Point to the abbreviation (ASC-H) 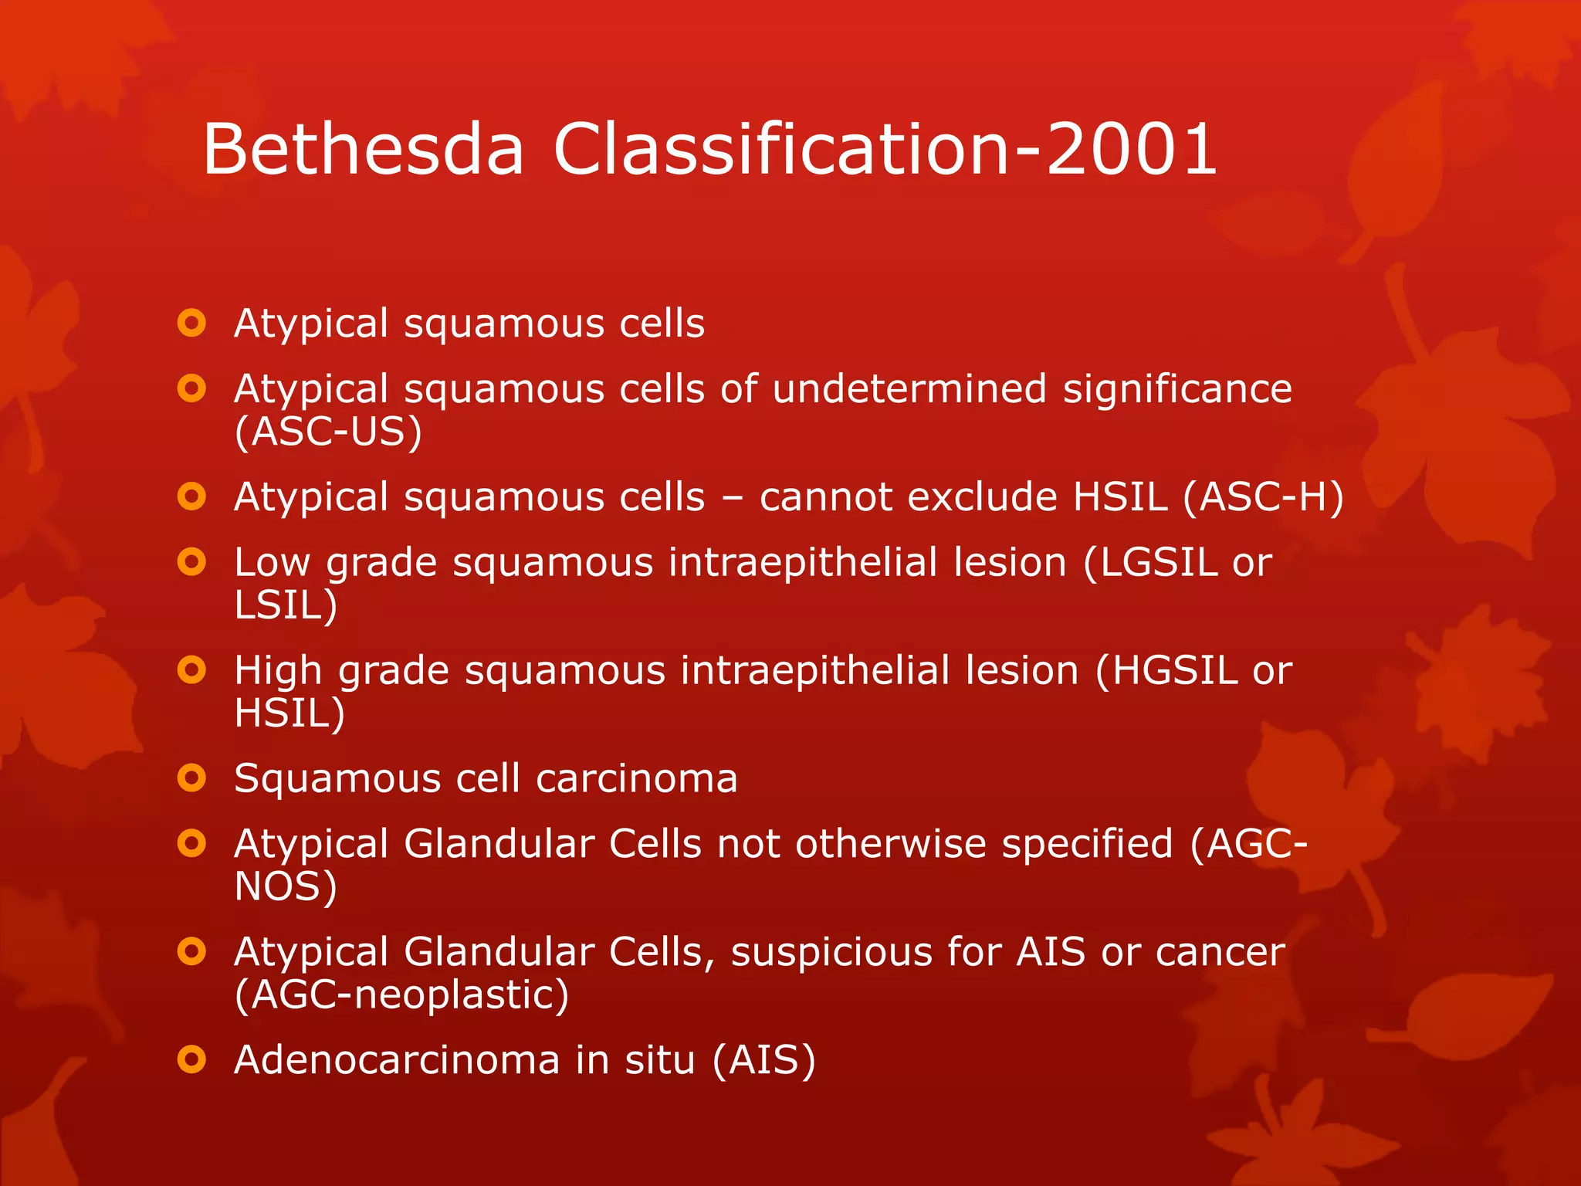tap(1264, 496)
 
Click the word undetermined tap(909, 388)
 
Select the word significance tap(1177, 388)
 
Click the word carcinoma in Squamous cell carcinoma tap(636, 778)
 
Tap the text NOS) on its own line tap(286, 886)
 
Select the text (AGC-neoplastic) tap(401, 995)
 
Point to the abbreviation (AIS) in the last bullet tap(763, 1059)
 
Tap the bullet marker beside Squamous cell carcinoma tap(191, 778)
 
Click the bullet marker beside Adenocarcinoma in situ tap(191, 1059)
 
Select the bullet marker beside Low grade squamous tap(191, 562)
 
